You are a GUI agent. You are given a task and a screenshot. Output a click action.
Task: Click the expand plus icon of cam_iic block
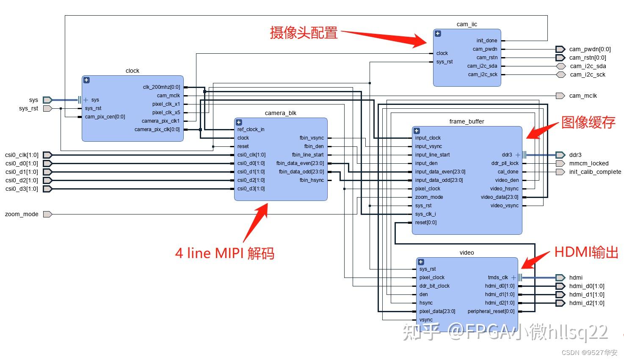438,34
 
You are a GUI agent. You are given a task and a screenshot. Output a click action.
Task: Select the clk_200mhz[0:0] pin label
161,87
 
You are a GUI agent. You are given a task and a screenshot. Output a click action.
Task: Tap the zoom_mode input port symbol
47,214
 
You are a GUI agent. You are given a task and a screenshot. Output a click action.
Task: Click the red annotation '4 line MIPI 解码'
224,253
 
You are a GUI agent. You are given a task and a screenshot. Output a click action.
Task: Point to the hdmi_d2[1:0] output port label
586,303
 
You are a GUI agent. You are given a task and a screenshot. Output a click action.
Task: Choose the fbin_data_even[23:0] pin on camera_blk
300,163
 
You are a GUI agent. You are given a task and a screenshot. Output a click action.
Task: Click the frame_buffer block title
467,121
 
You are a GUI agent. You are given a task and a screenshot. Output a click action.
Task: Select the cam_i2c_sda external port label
588,66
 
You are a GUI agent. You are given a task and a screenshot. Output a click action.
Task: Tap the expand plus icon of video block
421,262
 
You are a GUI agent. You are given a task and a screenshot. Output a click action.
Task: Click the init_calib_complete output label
595,172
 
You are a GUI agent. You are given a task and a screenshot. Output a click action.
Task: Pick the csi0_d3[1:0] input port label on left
22,189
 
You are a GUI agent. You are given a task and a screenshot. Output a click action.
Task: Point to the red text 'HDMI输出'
586,252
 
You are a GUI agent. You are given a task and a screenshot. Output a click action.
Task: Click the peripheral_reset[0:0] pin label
491,311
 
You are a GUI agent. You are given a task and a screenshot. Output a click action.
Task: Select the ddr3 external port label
575,155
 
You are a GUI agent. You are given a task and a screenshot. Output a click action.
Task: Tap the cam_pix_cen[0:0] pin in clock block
105,117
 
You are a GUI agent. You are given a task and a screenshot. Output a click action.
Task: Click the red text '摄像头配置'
304,33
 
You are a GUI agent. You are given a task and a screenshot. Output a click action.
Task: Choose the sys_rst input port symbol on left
47,108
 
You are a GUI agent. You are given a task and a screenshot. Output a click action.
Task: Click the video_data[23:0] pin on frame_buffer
499,197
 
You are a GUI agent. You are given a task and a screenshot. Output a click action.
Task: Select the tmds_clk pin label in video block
497,278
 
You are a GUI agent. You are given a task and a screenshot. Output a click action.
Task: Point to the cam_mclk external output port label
583,96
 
